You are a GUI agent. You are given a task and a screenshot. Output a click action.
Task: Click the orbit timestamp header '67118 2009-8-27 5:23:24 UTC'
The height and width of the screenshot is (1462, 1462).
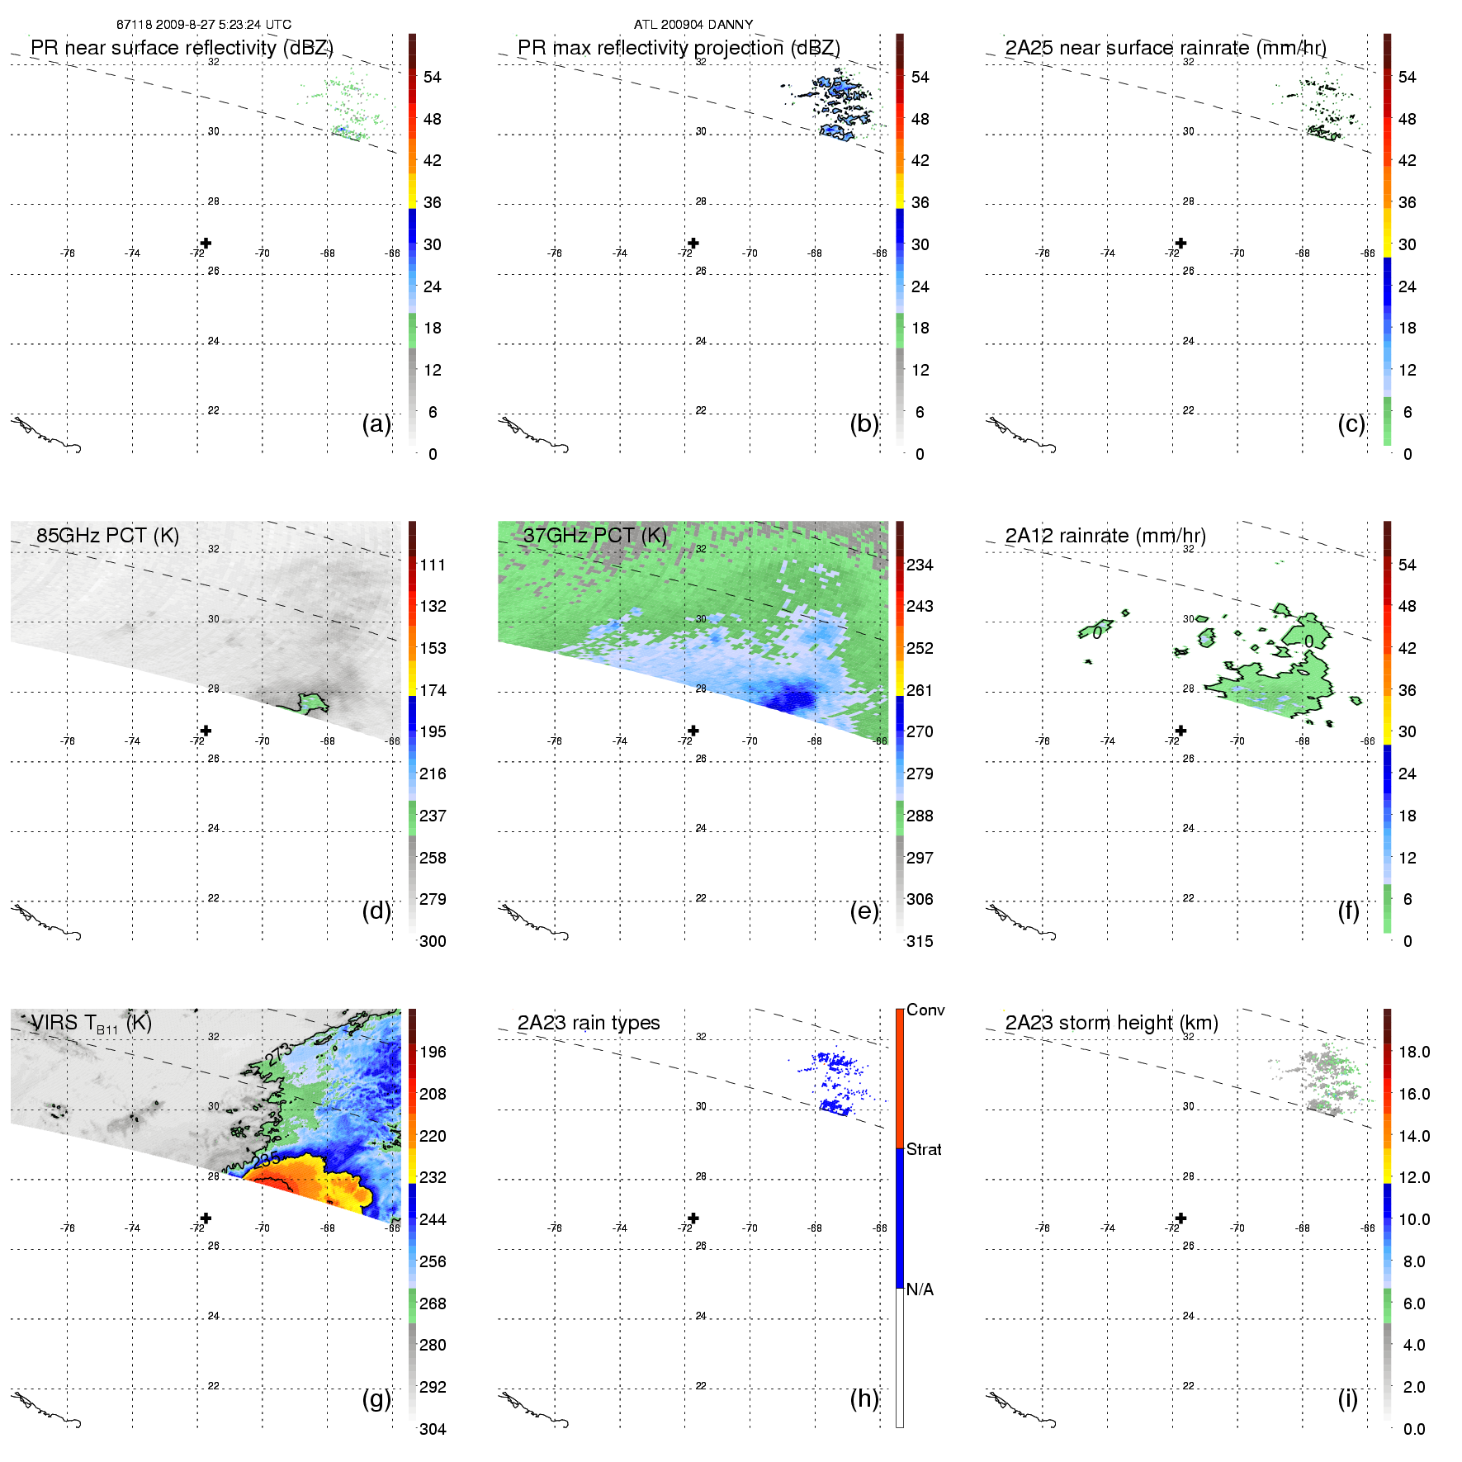tap(203, 25)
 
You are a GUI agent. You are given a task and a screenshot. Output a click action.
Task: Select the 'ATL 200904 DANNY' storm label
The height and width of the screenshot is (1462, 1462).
tap(693, 25)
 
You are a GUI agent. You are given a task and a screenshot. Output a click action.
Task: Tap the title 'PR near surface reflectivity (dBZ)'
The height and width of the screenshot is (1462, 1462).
tap(182, 48)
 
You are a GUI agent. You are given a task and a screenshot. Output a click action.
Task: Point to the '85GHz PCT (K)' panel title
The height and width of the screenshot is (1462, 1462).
tap(107, 536)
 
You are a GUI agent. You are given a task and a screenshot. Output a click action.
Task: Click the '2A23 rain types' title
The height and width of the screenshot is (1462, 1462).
tap(588, 1023)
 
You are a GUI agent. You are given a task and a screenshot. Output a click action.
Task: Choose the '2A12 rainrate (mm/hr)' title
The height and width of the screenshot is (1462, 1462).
tap(1105, 536)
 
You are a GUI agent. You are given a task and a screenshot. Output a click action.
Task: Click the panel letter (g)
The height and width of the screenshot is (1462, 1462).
tap(376, 1398)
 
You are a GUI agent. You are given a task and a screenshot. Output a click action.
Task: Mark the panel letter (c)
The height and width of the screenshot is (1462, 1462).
tap(1351, 423)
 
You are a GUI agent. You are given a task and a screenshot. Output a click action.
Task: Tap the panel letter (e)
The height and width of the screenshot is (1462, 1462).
tap(863, 911)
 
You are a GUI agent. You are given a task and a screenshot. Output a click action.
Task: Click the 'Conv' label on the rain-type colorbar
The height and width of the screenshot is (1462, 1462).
tap(925, 1010)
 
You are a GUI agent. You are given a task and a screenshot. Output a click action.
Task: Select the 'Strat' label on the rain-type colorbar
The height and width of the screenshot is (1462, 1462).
tap(923, 1149)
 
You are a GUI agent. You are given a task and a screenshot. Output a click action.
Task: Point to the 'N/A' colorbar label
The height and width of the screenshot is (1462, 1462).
tap(920, 1289)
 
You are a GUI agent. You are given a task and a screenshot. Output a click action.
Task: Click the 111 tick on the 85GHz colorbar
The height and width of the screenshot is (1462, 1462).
tap(433, 565)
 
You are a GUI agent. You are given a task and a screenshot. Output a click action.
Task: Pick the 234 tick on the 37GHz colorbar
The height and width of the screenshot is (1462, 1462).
tap(920, 565)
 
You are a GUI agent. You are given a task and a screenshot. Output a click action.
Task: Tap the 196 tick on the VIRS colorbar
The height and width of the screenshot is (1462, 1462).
tap(433, 1052)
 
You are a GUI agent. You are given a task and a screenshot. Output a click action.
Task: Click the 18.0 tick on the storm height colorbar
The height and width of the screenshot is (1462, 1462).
tap(1413, 1052)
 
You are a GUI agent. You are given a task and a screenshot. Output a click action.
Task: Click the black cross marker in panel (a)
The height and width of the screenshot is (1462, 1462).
tap(206, 243)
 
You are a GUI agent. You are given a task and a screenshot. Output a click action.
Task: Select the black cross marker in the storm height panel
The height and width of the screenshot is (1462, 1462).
tap(1180, 1218)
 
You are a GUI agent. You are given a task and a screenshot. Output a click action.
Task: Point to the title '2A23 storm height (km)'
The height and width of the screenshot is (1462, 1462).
tap(1111, 1023)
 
